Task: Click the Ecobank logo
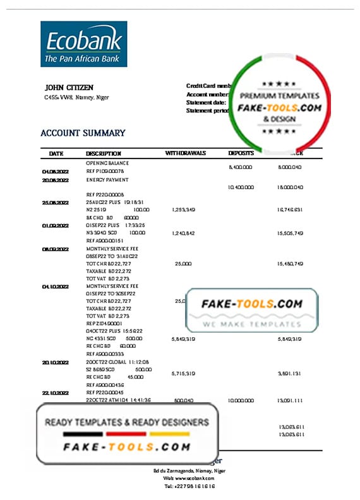(83, 44)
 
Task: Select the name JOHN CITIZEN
(69, 87)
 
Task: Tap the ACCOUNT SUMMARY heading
(83, 133)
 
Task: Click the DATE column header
(56, 153)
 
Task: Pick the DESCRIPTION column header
(104, 153)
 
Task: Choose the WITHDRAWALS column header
(185, 153)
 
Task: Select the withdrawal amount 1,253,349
(183, 210)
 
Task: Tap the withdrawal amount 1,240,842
(183, 234)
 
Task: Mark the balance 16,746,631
(291, 210)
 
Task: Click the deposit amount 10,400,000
(241, 187)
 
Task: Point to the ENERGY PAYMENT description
(108, 179)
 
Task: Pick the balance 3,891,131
(291, 374)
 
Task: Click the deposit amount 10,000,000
(241, 400)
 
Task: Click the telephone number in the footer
(189, 487)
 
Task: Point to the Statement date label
(206, 102)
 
